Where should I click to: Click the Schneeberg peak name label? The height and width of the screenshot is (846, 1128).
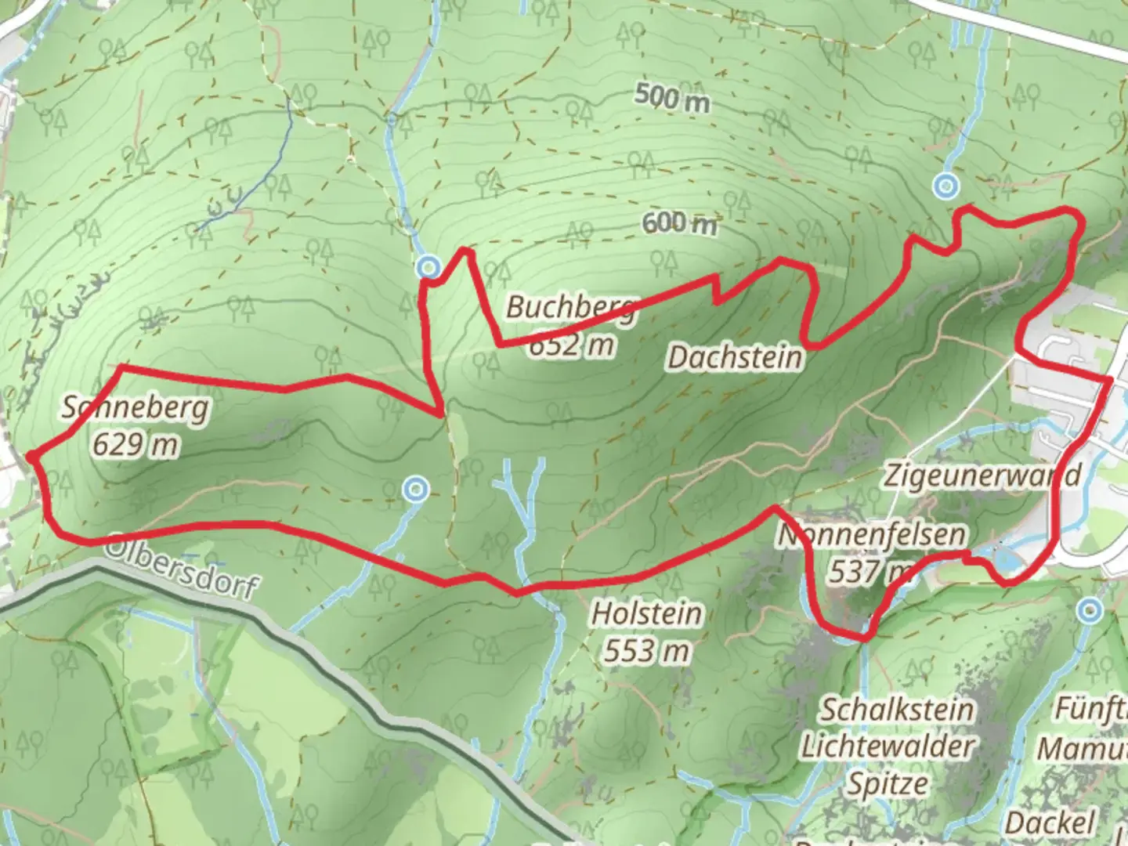point(136,408)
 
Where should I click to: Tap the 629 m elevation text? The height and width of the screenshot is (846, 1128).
point(135,445)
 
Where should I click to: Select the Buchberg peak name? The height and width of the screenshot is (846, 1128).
point(569,307)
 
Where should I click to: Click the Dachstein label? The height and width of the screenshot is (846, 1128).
point(735,358)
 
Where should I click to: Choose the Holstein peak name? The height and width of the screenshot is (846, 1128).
point(646,613)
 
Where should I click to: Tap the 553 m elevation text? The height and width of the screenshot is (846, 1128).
point(646,649)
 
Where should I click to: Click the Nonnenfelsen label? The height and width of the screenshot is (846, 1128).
point(871,536)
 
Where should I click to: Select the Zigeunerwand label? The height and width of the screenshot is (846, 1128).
point(982,475)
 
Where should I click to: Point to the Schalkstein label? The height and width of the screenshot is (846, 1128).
point(897,710)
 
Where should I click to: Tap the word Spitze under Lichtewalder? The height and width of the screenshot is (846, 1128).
point(888,783)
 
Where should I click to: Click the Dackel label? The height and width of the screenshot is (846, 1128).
point(1050,822)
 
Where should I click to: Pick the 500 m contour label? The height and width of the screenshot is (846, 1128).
point(671,99)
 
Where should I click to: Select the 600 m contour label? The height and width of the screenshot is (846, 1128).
point(679,223)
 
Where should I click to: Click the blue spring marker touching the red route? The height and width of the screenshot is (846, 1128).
point(428,267)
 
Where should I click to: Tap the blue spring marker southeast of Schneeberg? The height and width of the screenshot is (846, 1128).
point(415,490)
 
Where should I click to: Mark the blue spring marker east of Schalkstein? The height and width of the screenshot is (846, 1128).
point(1089,611)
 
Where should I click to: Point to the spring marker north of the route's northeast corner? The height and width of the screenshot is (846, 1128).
point(947,186)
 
